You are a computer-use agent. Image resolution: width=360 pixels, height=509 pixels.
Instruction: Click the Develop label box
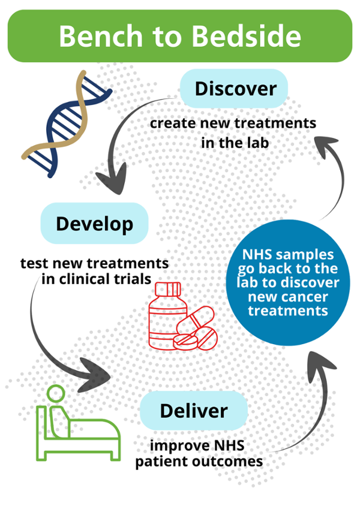click(x=94, y=224)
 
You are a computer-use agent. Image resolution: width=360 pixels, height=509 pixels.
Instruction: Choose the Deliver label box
click(x=193, y=411)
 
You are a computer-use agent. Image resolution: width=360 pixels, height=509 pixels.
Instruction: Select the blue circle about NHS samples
click(x=287, y=282)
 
